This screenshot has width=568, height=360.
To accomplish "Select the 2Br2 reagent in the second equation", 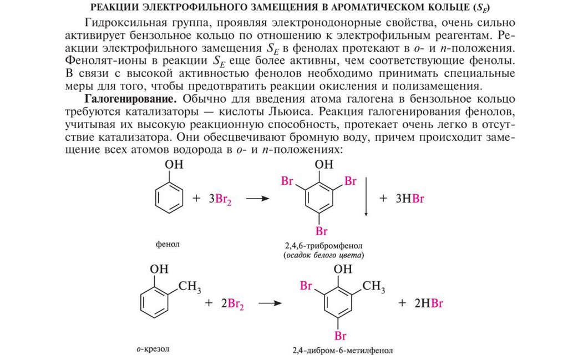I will tap(232, 303).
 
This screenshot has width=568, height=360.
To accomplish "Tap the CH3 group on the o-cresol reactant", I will tap(190, 287).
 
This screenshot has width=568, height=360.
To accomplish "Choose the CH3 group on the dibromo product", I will tap(374, 286).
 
